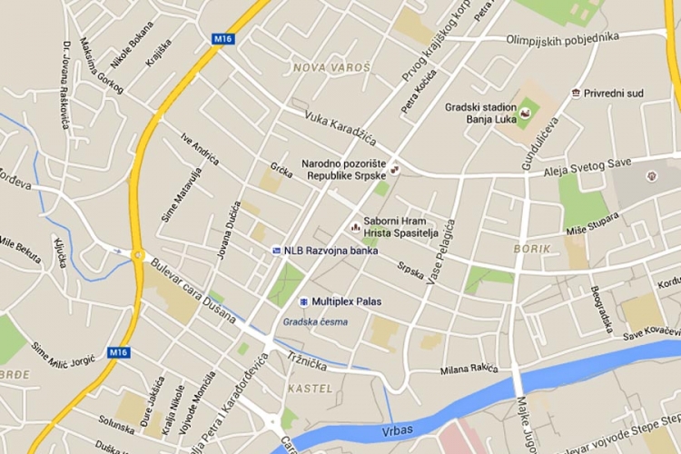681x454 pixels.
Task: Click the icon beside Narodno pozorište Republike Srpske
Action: (x=394, y=168)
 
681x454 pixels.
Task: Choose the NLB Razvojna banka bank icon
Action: (x=277, y=251)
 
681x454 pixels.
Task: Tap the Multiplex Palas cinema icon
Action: (x=302, y=301)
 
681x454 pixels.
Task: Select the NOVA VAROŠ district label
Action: (x=331, y=68)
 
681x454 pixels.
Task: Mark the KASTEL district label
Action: (x=303, y=389)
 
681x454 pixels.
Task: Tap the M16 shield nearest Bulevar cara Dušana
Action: (x=117, y=351)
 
